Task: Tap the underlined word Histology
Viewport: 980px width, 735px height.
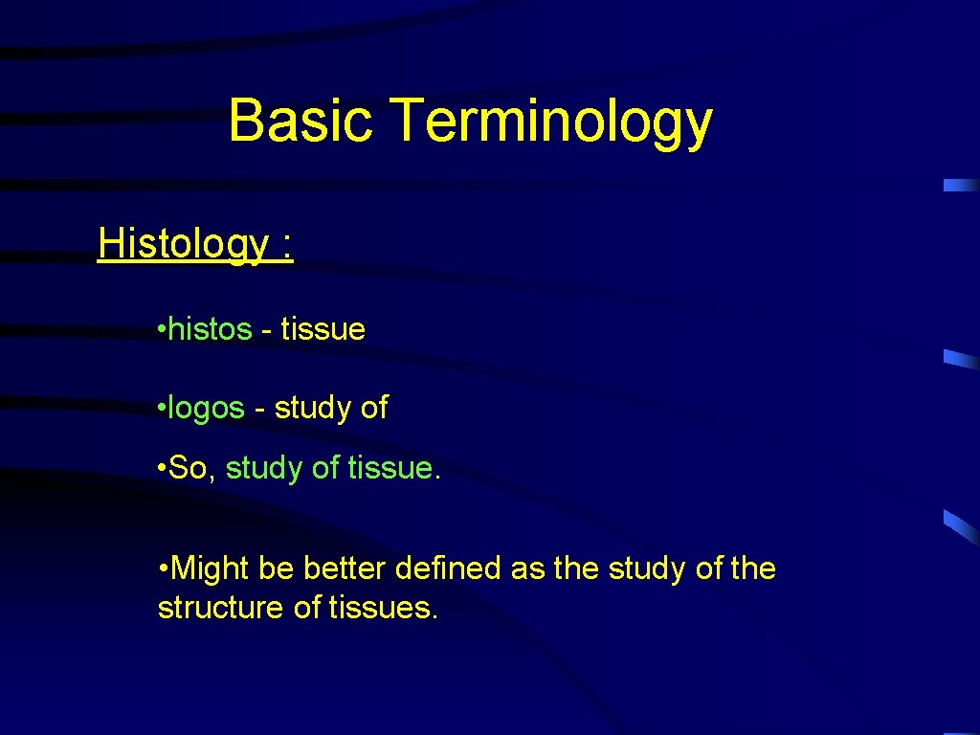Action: pyautogui.click(x=183, y=244)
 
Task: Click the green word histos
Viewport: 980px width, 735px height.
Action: pyautogui.click(x=211, y=329)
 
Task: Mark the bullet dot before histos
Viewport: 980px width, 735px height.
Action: pyautogui.click(x=162, y=330)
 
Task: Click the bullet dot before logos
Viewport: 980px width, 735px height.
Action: pyautogui.click(x=162, y=409)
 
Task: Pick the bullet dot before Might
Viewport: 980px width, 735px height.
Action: pyautogui.click(x=163, y=569)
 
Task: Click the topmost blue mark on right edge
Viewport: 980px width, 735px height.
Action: pyautogui.click(x=960, y=186)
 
